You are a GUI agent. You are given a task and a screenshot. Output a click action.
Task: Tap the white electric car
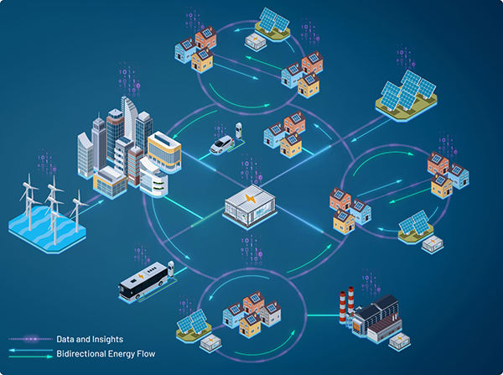(221, 146)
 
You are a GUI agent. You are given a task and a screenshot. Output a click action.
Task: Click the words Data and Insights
(90, 339)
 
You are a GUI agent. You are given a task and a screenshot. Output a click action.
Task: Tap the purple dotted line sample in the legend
(29, 339)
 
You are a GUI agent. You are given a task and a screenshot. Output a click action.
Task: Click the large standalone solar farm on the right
(407, 91)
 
